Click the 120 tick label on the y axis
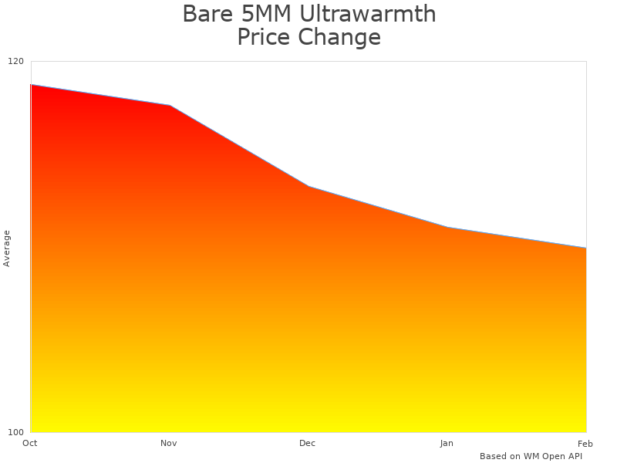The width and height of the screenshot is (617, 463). tap(16, 62)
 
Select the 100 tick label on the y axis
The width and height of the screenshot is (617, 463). tap(16, 432)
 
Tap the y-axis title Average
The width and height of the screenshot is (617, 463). tap(7, 248)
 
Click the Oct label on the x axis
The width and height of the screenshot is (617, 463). tap(30, 443)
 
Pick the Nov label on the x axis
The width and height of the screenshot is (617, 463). tap(169, 443)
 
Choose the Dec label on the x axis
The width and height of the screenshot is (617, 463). tap(308, 443)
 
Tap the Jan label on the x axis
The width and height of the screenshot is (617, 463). tap(447, 443)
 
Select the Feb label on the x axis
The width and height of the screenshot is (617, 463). tap(585, 443)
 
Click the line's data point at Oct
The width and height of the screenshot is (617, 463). tap(31, 85)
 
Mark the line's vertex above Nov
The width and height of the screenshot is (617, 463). tap(170, 105)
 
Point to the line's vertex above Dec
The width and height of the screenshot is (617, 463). tap(308, 187)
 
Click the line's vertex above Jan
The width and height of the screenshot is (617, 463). tap(447, 228)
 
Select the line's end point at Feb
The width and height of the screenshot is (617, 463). tap(585, 248)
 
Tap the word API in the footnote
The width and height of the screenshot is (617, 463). tap(575, 456)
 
